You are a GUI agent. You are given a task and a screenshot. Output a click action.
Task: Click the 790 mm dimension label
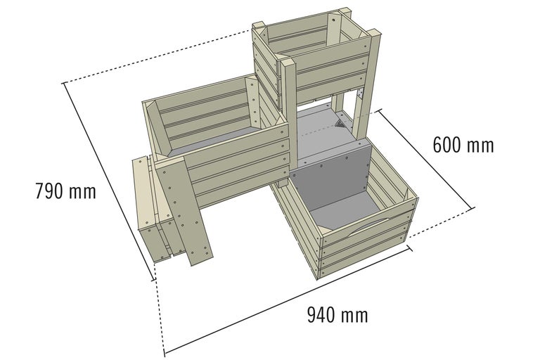tap(65, 191)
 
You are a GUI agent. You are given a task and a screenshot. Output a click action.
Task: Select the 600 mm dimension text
tap(463, 146)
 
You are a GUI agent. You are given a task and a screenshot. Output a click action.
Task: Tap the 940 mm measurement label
tap(337, 314)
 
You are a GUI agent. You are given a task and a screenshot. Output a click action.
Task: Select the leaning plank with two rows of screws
tap(185, 210)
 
